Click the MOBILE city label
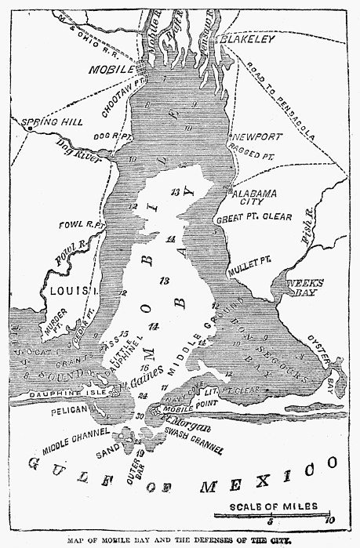pos(92,68)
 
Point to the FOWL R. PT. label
pos(82,226)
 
